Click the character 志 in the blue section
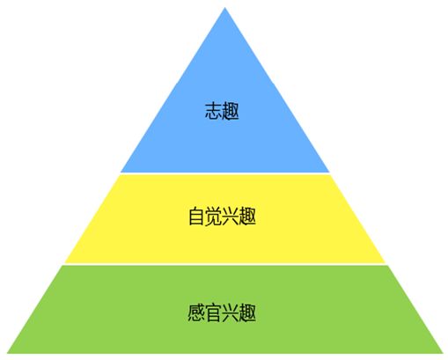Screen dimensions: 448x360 point(213,111)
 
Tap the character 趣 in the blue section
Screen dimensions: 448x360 point(231,111)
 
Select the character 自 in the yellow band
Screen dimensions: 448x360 point(196,217)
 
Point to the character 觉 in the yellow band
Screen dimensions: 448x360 point(213,217)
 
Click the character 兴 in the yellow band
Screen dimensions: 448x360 point(231,217)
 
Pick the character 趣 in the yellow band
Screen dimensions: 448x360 point(247,217)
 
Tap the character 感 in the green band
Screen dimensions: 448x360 point(196,312)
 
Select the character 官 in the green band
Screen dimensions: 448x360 point(213,312)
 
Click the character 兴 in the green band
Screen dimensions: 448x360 point(231,312)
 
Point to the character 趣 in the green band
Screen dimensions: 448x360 point(247,312)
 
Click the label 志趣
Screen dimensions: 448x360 point(222,111)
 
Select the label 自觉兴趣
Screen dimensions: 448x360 point(222,217)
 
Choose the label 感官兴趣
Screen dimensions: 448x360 point(222,312)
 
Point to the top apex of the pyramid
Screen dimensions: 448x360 point(225,7)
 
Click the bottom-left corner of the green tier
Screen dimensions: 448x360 point(7,353)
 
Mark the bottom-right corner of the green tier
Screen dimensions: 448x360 point(443,353)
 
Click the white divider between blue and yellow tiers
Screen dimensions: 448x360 point(225,173)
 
